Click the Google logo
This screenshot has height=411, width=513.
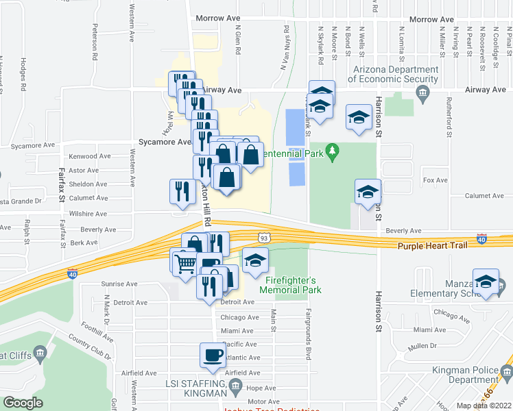point(23,403)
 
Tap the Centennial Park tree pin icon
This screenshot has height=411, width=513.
point(333,150)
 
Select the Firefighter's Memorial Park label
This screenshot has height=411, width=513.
point(290,285)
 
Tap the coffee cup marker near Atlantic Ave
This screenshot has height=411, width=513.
point(211,355)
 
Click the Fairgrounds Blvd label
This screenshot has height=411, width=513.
point(308,335)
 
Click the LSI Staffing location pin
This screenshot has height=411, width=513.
point(235,386)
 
